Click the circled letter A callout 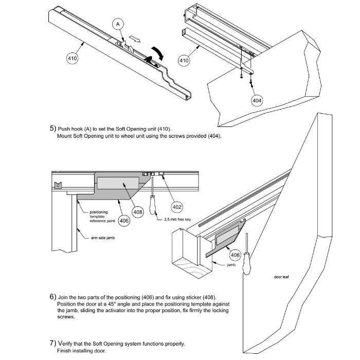[118, 24]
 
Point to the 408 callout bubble [138, 211]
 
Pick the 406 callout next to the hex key [123, 221]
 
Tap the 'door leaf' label [283, 277]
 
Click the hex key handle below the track [153, 207]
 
